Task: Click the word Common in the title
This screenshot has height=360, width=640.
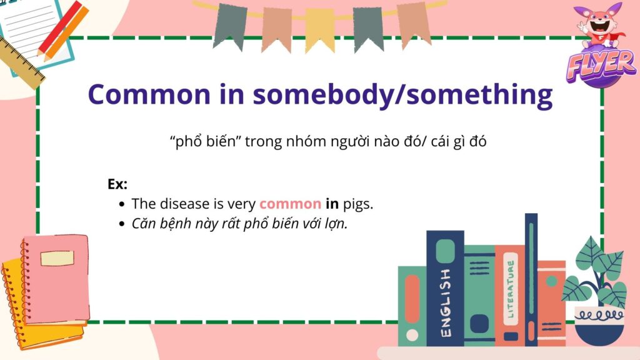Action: (x=149, y=94)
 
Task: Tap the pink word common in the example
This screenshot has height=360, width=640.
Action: (x=290, y=204)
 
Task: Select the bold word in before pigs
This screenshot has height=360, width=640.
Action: (x=332, y=203)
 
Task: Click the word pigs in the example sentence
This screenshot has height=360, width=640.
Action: (x=358, y=204)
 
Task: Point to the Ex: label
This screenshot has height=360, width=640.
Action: (x=117, y=184)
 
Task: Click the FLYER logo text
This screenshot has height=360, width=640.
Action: (x=601, y=65)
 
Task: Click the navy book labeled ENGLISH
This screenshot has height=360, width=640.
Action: (x=445, y=288)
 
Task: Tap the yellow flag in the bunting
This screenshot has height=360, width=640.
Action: (x=320, y=31)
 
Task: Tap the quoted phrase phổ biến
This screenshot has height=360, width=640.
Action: (x=206, y=142)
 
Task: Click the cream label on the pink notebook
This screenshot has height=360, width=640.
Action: (x=57, y=258)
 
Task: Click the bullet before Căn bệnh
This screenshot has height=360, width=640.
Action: (x=121, y=224)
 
